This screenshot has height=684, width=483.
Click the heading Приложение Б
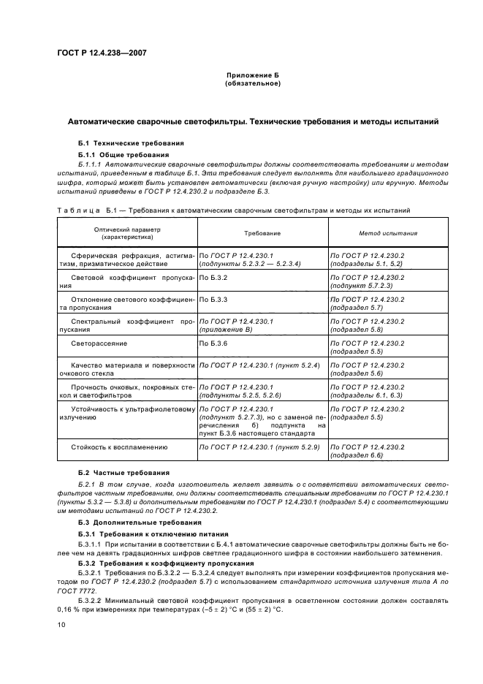(253, 76)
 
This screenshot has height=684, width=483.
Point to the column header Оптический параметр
(126, 229)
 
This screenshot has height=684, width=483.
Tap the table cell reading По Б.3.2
(214, 278)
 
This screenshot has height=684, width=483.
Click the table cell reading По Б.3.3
(214, 300)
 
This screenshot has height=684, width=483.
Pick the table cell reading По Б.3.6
(214, 342)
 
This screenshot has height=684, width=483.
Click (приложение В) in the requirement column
(227, 330)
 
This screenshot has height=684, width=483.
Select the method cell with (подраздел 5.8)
(357, 330)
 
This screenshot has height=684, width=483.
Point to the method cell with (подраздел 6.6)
(357, 455)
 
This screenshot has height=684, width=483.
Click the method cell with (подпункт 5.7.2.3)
(362, 287)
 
